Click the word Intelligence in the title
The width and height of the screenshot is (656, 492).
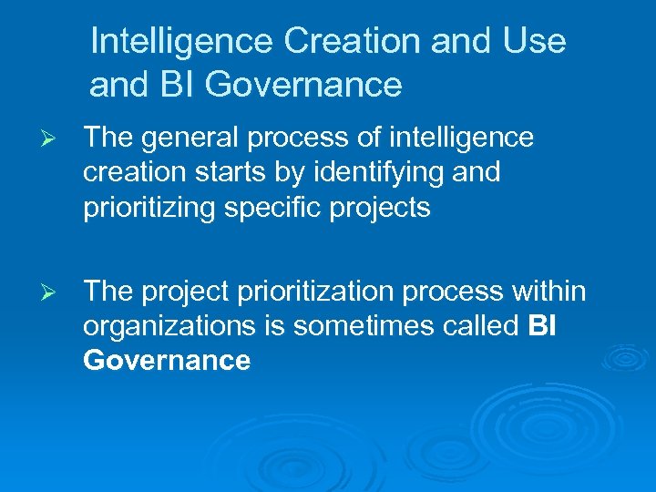pos(182,41)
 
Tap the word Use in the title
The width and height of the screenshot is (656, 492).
pos(537,41)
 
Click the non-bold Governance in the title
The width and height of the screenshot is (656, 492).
pos(303,85)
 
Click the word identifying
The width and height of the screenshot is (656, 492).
pos(384,173)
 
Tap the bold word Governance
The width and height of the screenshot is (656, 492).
pos(167,361)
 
